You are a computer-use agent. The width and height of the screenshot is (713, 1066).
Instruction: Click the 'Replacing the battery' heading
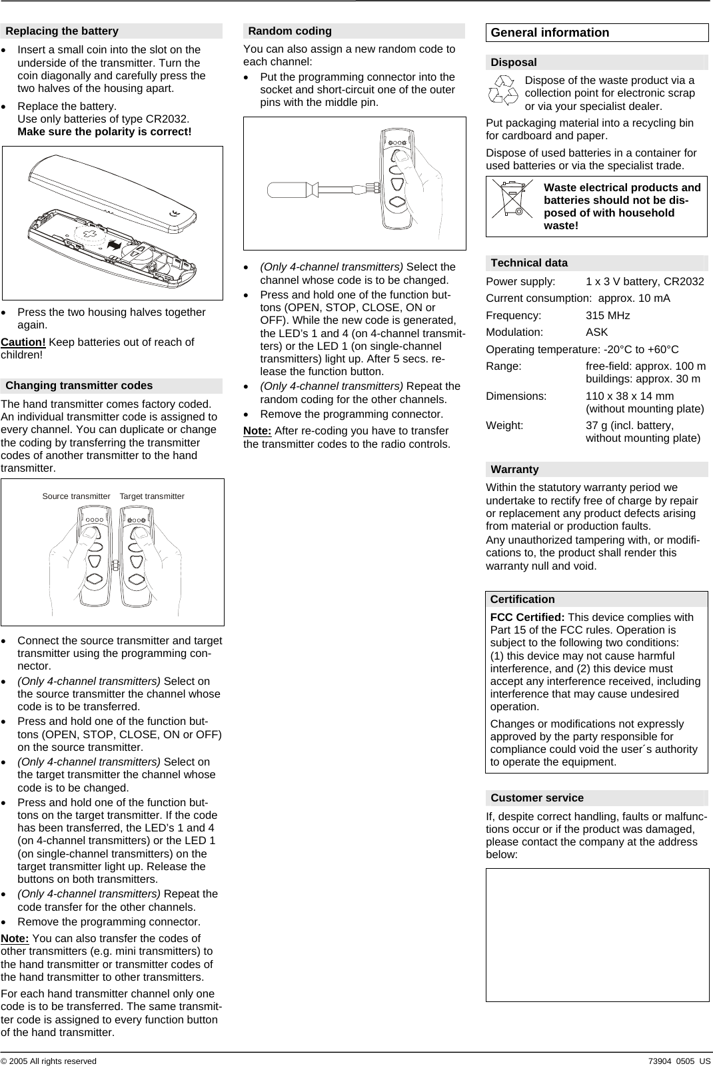[x=62, y=31]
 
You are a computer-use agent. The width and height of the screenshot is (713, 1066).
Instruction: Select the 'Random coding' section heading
[x=289, y=31]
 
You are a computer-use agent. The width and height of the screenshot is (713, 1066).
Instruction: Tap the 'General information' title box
[x=550, y=33]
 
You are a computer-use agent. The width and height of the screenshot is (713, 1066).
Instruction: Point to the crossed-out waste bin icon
[x=512, y=199]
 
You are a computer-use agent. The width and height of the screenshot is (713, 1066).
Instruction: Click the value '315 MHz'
[x=607, y=315]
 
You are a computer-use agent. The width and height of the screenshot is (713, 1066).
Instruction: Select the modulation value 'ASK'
[x=596, y=332]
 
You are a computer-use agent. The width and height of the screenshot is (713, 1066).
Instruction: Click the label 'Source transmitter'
[x=76, y=496]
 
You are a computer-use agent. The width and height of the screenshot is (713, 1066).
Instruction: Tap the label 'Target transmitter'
[x=152, y=496]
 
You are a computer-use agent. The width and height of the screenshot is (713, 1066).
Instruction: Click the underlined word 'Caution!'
[x=23, y=342]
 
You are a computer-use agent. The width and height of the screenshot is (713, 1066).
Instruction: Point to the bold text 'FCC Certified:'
[x=527, y=617]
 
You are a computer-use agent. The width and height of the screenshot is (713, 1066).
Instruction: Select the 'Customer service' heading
[x=536, y=798]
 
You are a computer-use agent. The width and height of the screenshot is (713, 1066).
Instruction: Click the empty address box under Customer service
[x=597, y=934]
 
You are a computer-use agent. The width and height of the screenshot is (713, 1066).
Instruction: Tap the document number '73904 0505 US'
[x=678, y=1061]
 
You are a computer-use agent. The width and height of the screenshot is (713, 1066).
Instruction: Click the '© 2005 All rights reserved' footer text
[x=48, y=1061]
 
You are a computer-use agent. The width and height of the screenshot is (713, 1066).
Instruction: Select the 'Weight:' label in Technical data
[x=504, y=425]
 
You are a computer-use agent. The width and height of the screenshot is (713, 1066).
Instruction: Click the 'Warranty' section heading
[x=514, y=469]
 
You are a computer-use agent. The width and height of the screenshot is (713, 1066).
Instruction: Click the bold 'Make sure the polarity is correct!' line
[x=104, y=131]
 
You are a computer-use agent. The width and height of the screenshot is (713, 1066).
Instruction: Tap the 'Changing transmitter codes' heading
[x=79, y=385]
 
